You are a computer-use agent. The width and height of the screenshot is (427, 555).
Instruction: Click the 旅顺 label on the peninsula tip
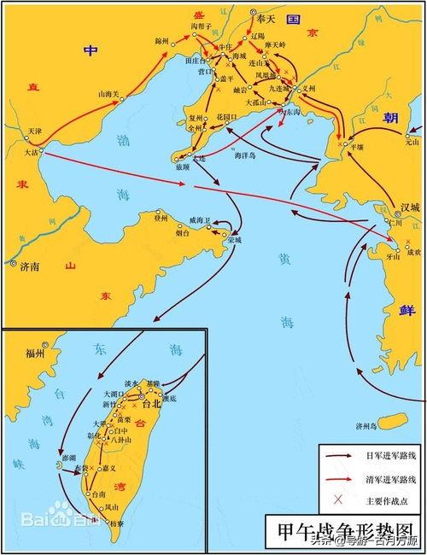(x=183, y=167)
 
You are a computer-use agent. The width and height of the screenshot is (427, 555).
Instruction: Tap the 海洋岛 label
(x=248, y=156)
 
